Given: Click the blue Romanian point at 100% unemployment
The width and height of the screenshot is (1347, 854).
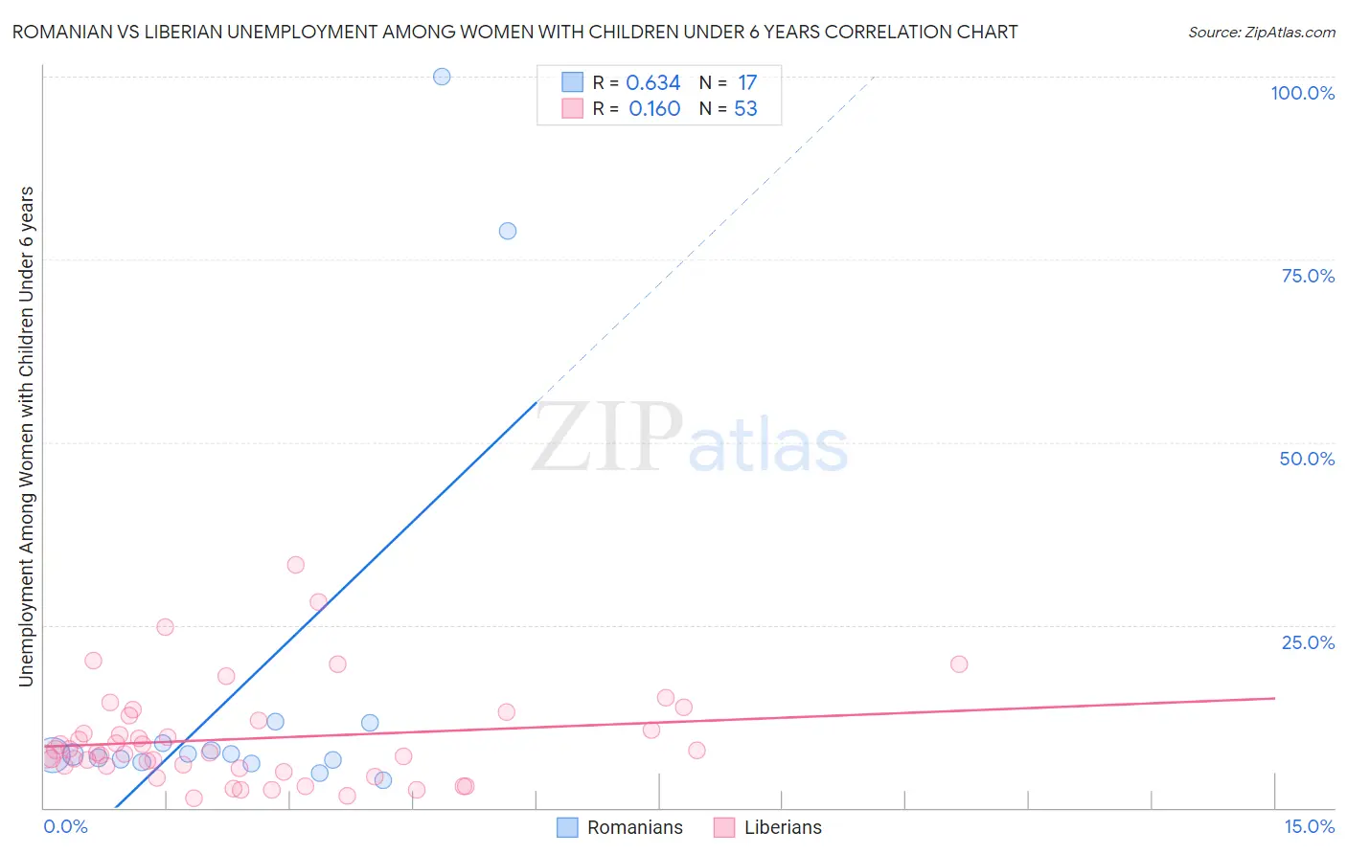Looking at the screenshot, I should (x=442, y=77).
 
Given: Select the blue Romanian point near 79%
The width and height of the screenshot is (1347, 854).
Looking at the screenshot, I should (x=508, y=231).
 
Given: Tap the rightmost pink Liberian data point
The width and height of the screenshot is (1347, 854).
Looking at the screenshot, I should (x=959, y=664).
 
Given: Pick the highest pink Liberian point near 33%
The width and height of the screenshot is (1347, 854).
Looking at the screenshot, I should (x=296, y=565).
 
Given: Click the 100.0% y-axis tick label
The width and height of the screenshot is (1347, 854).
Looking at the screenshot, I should (x=1302, y=93).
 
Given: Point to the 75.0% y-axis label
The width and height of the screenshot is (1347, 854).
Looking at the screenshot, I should (x=1308, y=276).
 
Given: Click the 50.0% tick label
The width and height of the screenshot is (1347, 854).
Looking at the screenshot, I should (x=1307, y=459).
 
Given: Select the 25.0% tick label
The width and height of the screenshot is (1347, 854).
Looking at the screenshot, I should (x=1308, y=642).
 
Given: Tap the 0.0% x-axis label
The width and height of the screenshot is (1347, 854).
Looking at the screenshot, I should (x=65, y=826).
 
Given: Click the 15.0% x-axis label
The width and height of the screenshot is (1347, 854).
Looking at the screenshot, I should (x=1309, y=826).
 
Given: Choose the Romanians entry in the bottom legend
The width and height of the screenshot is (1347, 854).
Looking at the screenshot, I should (x=634, y=827).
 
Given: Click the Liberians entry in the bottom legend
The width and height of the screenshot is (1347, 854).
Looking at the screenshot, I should (x=783, y=827).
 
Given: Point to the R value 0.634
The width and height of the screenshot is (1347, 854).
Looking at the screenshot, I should (x=653, y=83).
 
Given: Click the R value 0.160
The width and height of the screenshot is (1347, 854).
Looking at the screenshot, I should (x=654, y=109).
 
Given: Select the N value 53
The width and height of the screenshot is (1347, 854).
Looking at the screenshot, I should (x=745, y=109).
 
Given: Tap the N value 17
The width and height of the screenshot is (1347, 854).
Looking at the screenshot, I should (x=747, y=83).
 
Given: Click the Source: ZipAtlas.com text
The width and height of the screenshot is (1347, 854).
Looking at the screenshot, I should (x=1261, y=33).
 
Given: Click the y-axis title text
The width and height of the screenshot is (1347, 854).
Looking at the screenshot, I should (x=26, y=436).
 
